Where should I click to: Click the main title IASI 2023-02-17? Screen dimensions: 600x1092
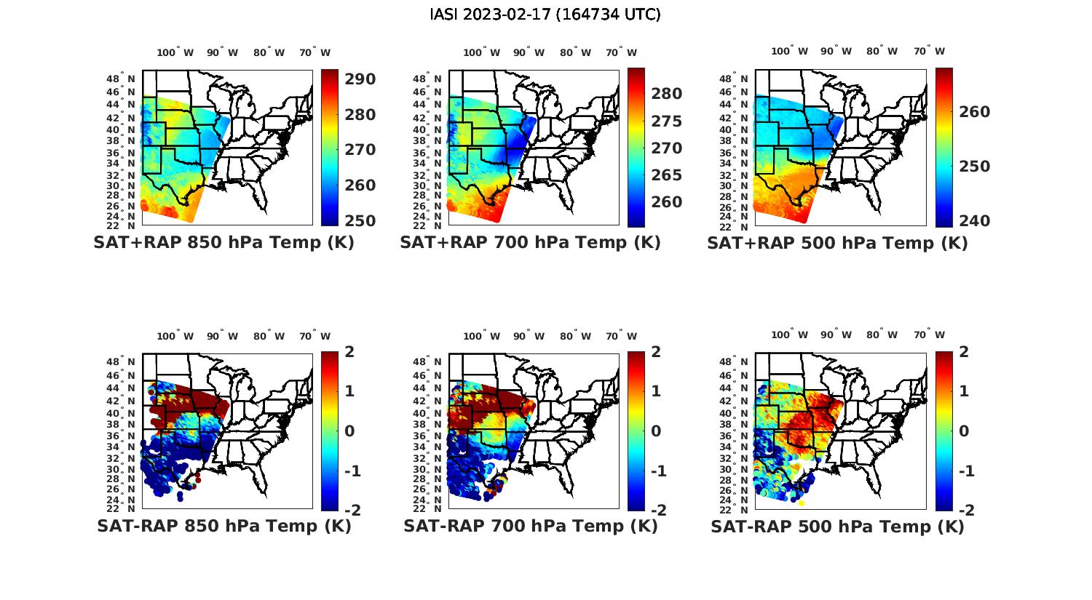point(545,15)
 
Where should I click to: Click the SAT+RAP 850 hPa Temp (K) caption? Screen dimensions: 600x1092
point(223,243)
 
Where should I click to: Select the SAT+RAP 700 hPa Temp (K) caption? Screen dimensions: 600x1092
point(530,243)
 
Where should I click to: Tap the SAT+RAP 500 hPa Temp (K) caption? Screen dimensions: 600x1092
point(837,243)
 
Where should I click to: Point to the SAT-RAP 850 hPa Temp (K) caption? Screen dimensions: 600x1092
point(223,526)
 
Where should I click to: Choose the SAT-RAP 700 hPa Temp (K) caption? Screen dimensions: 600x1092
point(530,526)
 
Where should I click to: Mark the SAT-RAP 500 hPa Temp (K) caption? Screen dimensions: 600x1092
point(837,526)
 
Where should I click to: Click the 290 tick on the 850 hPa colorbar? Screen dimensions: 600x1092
point(360,79)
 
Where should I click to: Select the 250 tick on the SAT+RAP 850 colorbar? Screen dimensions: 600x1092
point(360,221)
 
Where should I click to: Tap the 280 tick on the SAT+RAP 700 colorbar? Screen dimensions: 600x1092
point(667,94)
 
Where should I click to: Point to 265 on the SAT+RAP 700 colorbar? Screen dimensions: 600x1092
point(667,175)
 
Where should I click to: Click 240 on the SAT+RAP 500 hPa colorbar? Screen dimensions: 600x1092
point(974,221)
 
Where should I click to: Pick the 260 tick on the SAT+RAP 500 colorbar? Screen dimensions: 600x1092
point(974,112)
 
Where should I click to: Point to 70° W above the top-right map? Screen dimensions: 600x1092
point(930,52)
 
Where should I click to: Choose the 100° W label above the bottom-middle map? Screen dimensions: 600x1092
point(481,336)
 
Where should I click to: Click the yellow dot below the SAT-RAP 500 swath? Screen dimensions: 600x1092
point(802,503)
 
